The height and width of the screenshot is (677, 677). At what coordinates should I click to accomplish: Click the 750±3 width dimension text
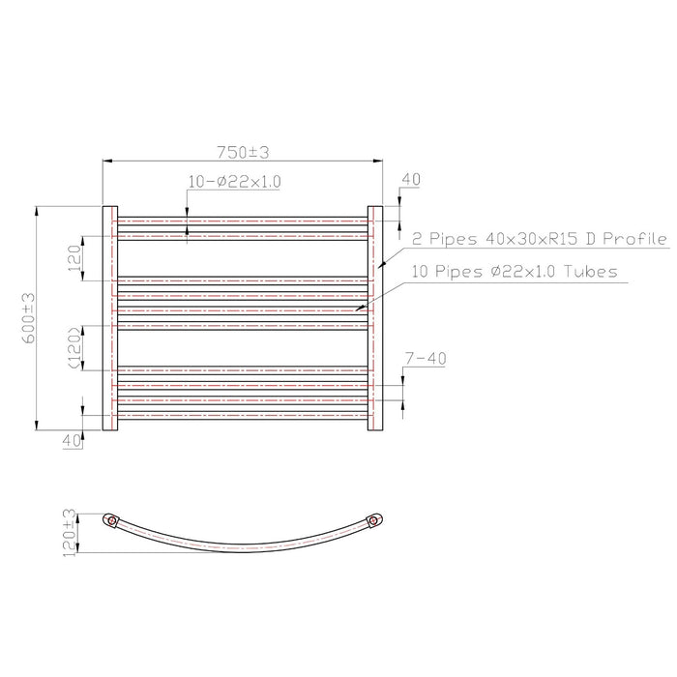[x=243, y=152]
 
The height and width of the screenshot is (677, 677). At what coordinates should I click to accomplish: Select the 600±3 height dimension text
[x=29, y=318]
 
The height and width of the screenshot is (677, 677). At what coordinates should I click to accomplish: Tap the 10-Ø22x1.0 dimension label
[x=234, y=182]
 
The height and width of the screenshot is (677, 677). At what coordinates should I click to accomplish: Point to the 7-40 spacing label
[x=426, y=359]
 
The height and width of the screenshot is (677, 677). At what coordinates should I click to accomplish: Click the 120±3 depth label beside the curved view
[x=69, y=533]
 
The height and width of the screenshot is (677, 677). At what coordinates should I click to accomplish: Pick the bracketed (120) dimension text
[x=74, y=348]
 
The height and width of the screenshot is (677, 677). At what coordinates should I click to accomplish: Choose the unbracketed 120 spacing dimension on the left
[x=74, y=258]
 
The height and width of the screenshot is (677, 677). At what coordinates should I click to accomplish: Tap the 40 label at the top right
[x=411, y=179]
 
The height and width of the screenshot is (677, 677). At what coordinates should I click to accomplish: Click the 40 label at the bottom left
[x=72, y=441]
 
